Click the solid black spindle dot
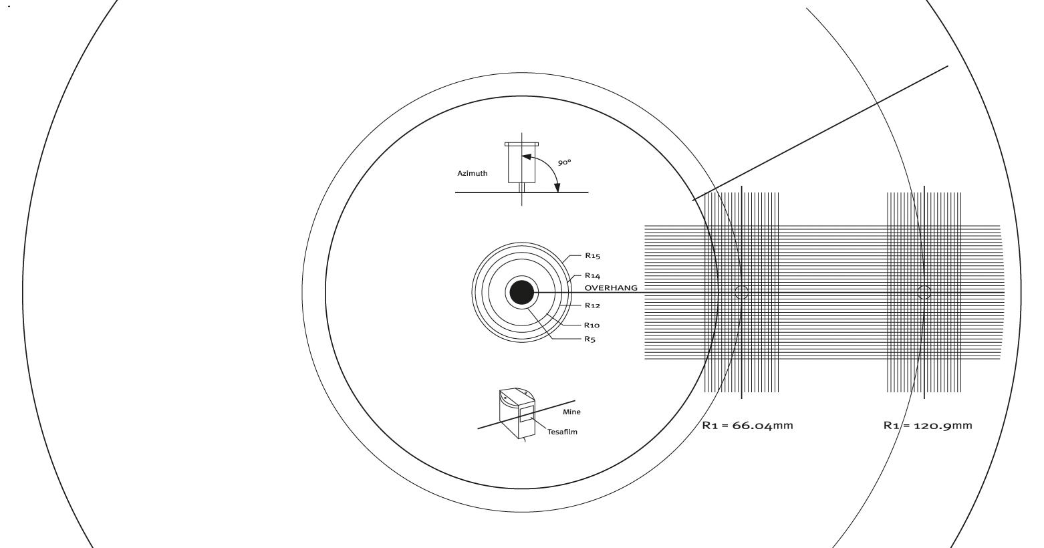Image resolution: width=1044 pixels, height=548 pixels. click(521, 293)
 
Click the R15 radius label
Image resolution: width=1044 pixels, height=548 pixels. click(593, 255)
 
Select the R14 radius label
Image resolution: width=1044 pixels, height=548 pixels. click(593, 275)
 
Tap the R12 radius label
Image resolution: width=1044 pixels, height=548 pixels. click(592, 305)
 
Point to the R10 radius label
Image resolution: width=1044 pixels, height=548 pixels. click(592, 325)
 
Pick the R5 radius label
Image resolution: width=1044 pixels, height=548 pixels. click(590, 339)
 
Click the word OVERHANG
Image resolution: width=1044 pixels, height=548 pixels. click(611, 288)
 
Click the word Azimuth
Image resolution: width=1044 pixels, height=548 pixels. click(472, 173)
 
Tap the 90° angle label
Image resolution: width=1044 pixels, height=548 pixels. click(565, 162)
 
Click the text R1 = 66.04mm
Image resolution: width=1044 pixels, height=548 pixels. click(747, 425)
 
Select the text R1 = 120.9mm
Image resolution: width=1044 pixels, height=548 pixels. click(928, 425)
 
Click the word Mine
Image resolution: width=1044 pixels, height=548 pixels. click(571, 412)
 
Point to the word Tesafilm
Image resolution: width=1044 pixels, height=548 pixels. click(562, 432)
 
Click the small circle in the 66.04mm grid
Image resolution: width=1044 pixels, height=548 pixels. click(741, 293)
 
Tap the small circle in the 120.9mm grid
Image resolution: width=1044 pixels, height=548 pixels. click(924, 292)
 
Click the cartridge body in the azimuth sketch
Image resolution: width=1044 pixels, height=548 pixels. click(522, 164)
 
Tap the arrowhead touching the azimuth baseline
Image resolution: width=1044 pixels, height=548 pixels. click(557, 186)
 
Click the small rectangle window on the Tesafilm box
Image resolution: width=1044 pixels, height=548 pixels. click(527, 414)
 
